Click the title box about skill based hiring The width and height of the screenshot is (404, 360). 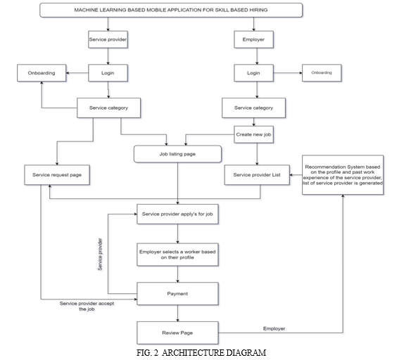click(171, 11)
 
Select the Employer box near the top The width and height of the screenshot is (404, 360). click(253, 39)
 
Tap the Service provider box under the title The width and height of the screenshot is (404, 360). click(108, 39)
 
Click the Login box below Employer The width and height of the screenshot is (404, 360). click(253, 73)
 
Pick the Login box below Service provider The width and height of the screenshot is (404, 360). click(108, 73)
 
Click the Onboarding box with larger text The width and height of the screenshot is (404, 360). click(42, 73)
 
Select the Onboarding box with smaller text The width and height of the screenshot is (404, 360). click(322, 73)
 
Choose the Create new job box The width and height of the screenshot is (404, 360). click(253, 134)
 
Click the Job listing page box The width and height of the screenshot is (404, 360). click(177, 154)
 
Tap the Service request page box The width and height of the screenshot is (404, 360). click(57, 175)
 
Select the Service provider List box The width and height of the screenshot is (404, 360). click(257, 175)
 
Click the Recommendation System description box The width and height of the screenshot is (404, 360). click(343, 175)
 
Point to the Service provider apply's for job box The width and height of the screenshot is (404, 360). click(177, 214)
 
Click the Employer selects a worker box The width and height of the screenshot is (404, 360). click(177, 255)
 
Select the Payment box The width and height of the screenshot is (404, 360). click(177, 294)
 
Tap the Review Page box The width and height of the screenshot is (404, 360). click(177, 333)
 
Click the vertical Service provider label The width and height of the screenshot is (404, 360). click(100, 255)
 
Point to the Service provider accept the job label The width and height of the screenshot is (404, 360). click(87, 307)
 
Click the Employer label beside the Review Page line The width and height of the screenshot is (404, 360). click(274, 328)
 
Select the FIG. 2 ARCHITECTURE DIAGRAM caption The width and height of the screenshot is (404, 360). click(201, 352)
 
